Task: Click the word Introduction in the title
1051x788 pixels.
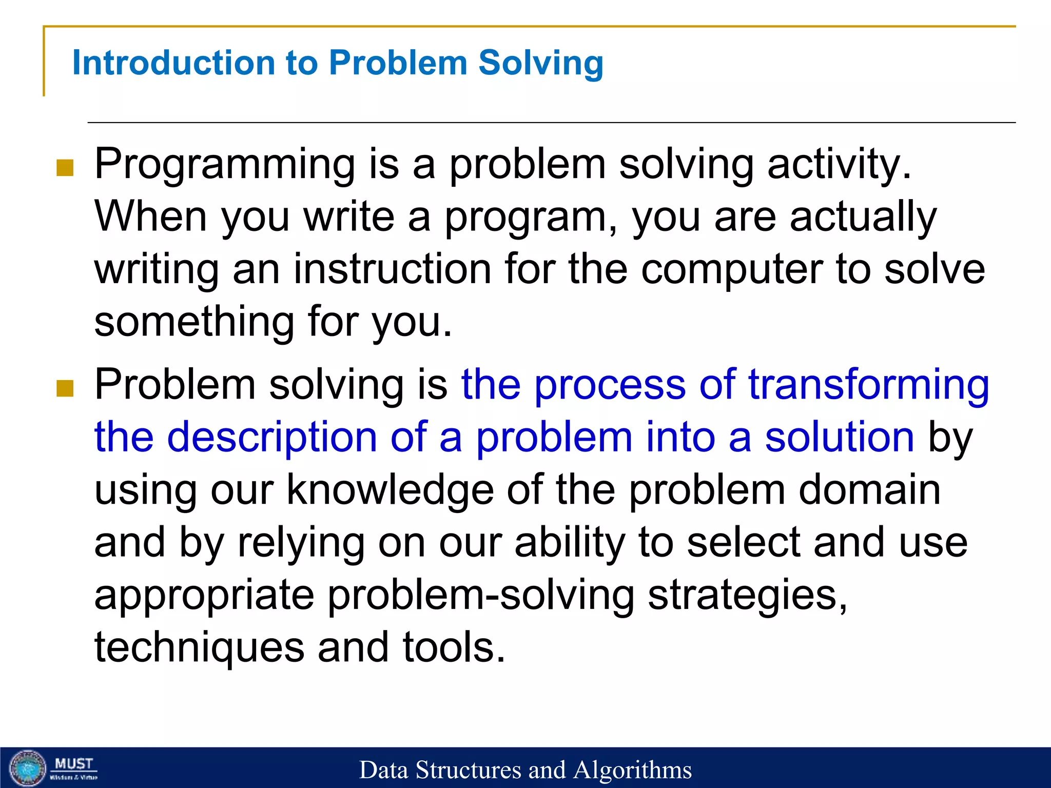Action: [174, 63]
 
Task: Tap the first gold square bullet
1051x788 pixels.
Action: [65, 168]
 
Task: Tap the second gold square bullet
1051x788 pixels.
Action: [65, 388]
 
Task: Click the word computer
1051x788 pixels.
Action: [732, 271]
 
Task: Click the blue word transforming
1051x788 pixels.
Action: [868, 385]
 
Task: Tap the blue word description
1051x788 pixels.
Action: [272, 438]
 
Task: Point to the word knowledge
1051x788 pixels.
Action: [390, 490]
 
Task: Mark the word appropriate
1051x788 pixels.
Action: [204, 596]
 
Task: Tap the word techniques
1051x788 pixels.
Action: [199, 648]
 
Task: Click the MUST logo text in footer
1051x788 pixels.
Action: [74, 764]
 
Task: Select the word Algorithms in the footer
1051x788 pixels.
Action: [632, 770]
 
